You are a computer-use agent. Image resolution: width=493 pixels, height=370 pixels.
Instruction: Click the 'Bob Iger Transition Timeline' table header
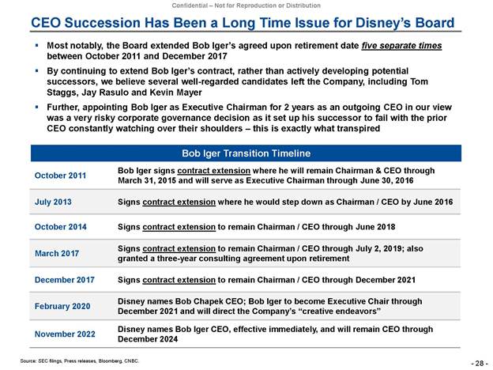coord(246,152)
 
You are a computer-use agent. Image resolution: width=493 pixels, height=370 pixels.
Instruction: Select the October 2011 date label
coord(59,175)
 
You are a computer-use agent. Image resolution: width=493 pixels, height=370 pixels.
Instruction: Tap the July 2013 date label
coord(52,202)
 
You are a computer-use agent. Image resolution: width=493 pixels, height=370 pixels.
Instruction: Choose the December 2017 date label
coord(64,279)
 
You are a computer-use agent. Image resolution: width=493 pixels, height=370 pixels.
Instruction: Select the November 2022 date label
coord(64,333)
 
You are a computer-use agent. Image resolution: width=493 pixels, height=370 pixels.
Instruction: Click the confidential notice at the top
coord(246,6)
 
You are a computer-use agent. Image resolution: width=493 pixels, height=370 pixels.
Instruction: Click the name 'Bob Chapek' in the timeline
coord(195,300)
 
